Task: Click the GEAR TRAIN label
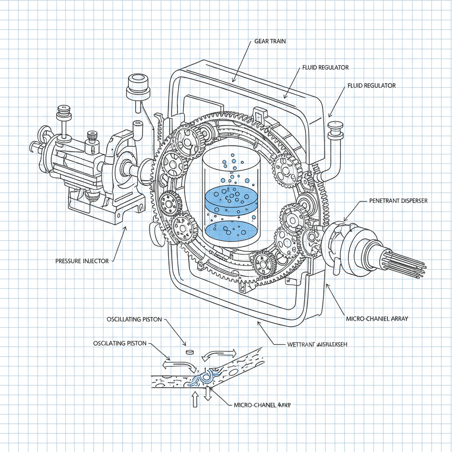[x=270, y=41]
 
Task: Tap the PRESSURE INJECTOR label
[x=82, y=261]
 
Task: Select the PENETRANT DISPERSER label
[x=398, y=201]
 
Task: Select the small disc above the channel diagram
[x=190, y=352]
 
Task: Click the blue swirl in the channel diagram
[x=206, y=377]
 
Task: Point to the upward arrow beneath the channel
[x=193, y=399]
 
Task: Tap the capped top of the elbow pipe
[x=336, y=125]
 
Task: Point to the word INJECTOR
[x=95, y=261]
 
